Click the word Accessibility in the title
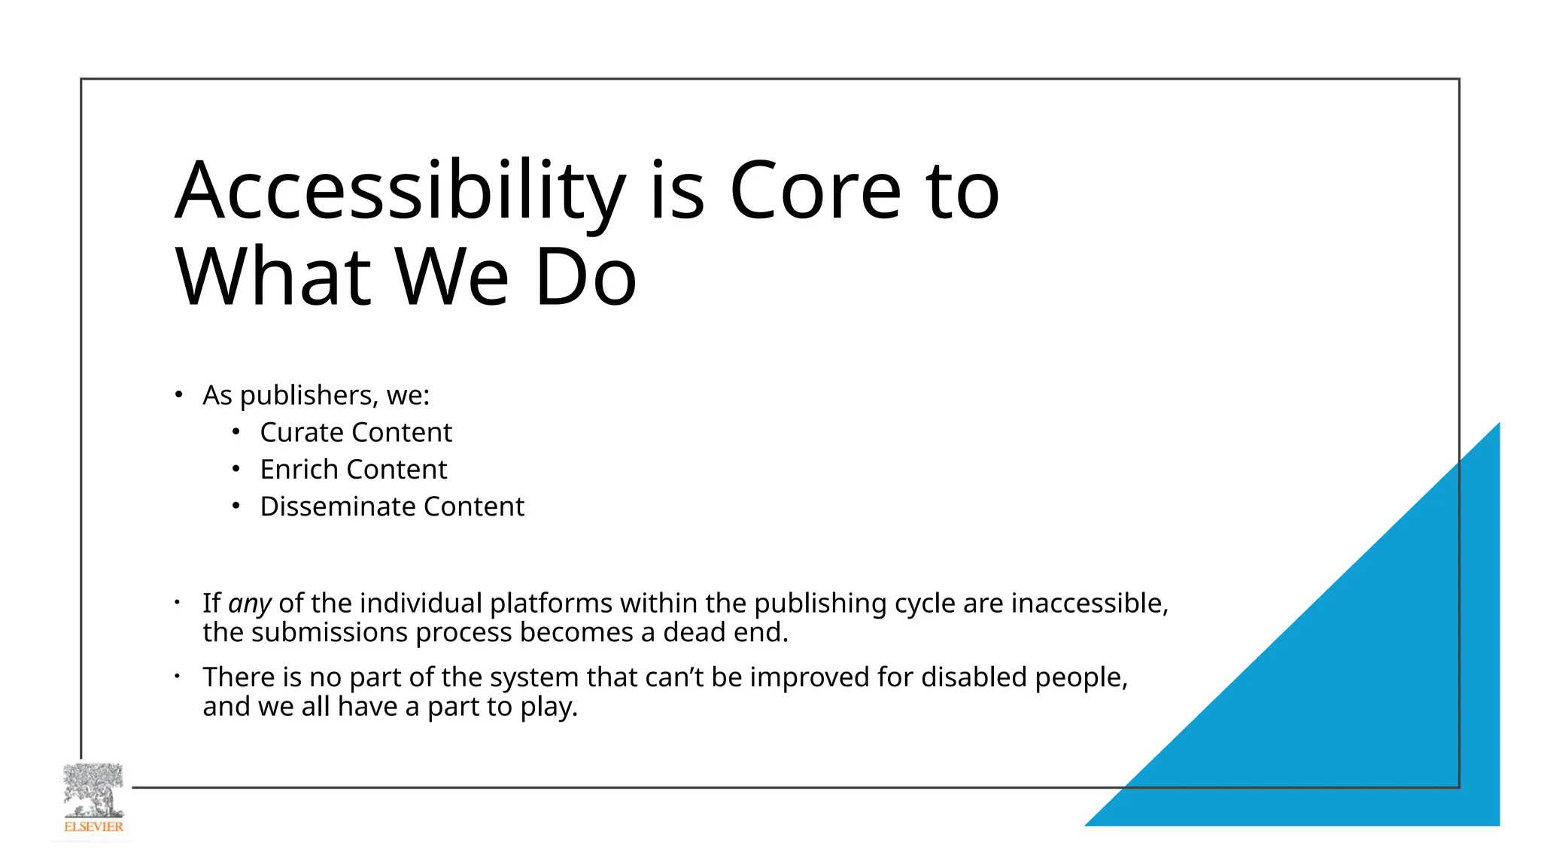click(x=399, y=192)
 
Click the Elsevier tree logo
click(x=93, y=790)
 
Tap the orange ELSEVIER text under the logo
click(x=93, y=826)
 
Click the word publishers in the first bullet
click(x=308, y=396)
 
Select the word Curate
click(x=302, y=433)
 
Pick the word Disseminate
click(x=338, y=507)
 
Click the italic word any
click(x=249, y=604)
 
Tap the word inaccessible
click(x=1089, y=604)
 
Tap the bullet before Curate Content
click(x=236, y=432)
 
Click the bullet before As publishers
click(x=178, y=394)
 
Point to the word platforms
click(x=550, y=604)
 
